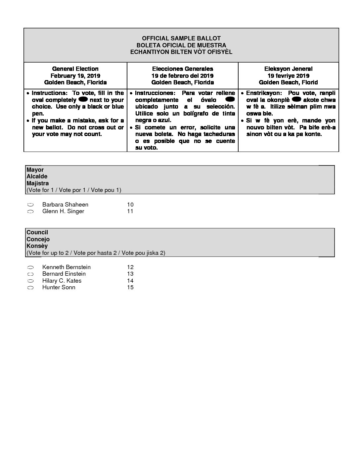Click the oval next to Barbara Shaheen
(30, 205)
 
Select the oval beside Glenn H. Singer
(30, 211)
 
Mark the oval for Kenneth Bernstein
(30, 267)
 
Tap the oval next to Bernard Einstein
(30, 274)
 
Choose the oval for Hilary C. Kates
(30, 281)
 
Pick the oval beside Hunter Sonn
(30, 288)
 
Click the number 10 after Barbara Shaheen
(130, 205)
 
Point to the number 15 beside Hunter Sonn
(130, 287)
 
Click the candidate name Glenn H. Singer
(63, 211)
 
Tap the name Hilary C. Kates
(62, 281)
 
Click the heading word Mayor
(35, 170)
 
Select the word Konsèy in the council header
(37, 246)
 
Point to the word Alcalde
(37, 176)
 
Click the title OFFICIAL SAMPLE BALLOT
(181, 38)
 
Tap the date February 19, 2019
(75, 76)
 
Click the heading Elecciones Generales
(183, 69)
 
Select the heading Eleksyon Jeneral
(288, 69)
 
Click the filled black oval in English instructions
(83, 99)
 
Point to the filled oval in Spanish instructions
(230, 99)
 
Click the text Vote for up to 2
(49, 253)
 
